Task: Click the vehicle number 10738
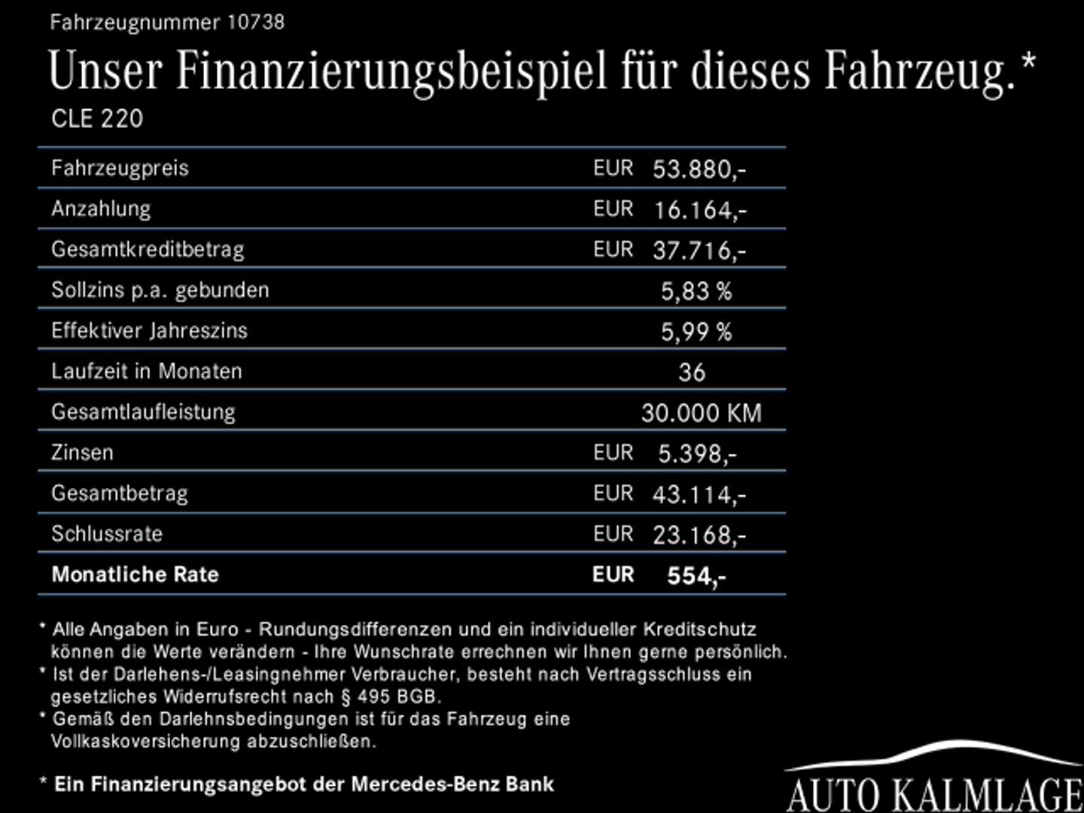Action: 255,22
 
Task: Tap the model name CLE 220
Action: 97,118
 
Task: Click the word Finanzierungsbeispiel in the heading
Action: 391,72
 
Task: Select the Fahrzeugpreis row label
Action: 120,168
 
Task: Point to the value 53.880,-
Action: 699,169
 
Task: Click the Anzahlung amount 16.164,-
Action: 699,209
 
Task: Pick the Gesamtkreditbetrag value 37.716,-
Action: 699,250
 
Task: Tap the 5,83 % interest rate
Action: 696,291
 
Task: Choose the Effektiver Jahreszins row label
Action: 149,330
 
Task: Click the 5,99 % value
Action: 696,331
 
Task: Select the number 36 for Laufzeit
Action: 692,372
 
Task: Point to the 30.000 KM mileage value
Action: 701,413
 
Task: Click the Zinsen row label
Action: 82,452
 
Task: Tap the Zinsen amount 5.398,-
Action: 697,453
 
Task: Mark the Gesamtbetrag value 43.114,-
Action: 699,494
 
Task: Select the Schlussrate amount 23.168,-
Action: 699,534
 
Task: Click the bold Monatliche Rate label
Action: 135,574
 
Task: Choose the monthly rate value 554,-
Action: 696,576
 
